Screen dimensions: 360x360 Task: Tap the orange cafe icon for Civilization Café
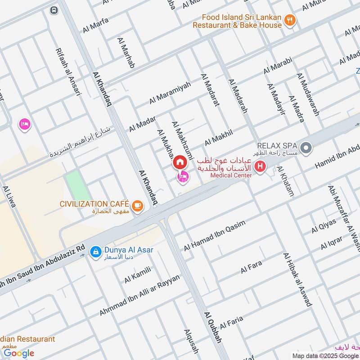(137, 206)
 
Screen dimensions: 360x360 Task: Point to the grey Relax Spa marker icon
(306, 148)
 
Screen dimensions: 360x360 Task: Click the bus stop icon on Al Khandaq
(54, 10)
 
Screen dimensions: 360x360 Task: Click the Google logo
(19, 353)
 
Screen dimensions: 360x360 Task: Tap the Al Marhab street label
(126, 53)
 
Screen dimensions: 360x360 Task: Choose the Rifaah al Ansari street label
(68, 72)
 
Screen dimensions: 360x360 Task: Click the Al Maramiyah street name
(170, 93)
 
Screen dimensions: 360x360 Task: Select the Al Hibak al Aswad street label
(297, 279)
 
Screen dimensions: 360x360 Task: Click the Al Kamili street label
(137, 275)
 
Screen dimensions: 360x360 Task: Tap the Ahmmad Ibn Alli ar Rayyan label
(139, 295)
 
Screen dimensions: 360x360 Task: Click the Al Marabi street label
(278, 65)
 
